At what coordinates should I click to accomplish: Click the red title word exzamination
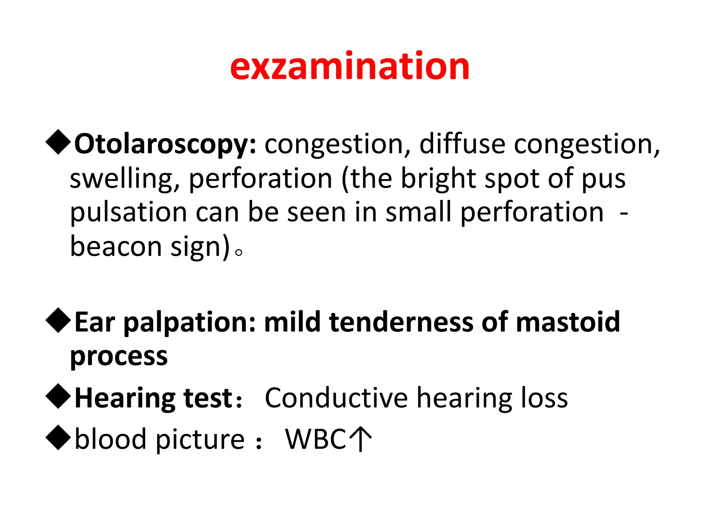[x=349, y=66]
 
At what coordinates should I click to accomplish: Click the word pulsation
[x=129, y=213]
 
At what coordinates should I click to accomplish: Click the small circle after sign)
[x=239, y=252]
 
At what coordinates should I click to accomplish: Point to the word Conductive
[x=336, y=398]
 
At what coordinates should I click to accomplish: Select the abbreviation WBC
[x=315, y=439]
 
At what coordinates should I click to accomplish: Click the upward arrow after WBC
[x=361, y=439]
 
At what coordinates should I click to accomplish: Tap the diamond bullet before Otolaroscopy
[x=58, y=142]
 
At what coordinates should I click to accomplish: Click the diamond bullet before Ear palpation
[x=58, y=320]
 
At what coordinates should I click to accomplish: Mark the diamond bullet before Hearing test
[x=58, y=396]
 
